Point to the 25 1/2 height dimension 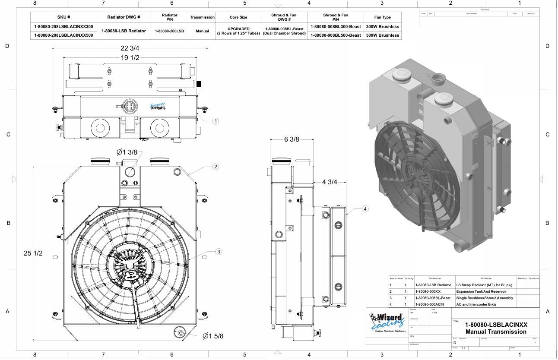[x=33, y=253]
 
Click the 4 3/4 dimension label [x=330, y=182]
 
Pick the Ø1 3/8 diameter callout [x=127, y=152]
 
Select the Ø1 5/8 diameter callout [x=213, y=336]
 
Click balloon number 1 [x=216, y=121]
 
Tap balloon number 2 [x=216, y=167]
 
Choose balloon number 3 [x=219, y=252]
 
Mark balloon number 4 [x=365, y=209]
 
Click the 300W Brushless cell [x=382, y=26]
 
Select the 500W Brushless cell [x=382, y=35]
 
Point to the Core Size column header [x=238, y=17]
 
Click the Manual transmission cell [x=202, y=31]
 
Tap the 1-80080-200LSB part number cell [x=169, y=31]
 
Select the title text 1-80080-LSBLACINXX [x=496, y=325]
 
